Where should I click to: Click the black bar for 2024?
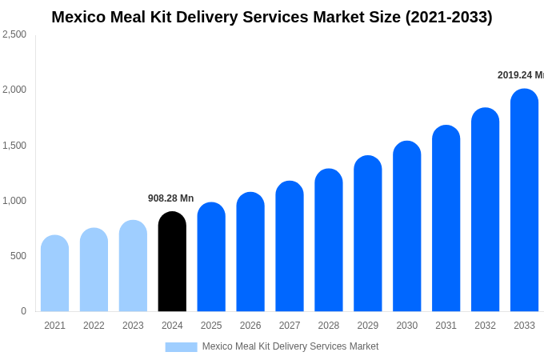[x=172, y=262]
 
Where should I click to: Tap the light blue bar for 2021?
[x=54, y=274]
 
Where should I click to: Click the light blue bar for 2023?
[x=133, y=266]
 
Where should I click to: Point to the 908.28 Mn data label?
[x=170, y=198]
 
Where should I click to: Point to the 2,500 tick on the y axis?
[x=14, y=34]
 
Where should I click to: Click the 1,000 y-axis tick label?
[x=14, y=201]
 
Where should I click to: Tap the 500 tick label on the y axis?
[x=18, y=256]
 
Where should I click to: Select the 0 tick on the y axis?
[x=23, y=311]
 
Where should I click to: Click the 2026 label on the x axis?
[x=250, y=326]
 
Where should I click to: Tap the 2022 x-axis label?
[x=94, y=326]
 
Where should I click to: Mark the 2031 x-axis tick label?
[x=446, y=326]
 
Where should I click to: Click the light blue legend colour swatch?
[x=181, y=346]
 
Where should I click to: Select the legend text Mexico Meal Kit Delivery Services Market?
[x=290, y=346]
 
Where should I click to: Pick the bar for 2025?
[x=211, y=257]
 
